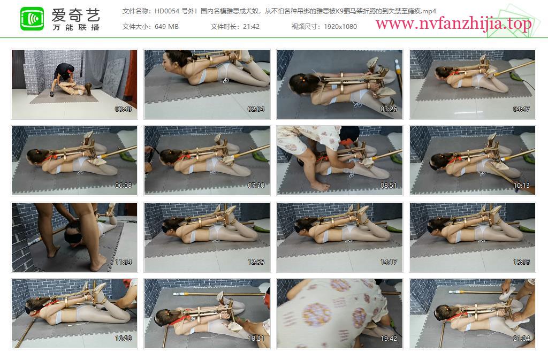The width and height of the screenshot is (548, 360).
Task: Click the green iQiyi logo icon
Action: click(x=32, y=19)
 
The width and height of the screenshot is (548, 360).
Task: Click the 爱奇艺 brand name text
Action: click(x=76, y=15)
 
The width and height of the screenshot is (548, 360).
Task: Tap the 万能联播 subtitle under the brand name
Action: click(x=76, y=27)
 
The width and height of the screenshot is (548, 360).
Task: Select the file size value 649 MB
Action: click(x=166, y=27)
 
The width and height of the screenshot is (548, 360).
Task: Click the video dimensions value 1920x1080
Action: click(x=340, y=27)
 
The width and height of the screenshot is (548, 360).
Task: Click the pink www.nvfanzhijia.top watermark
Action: click(x=454, y=24)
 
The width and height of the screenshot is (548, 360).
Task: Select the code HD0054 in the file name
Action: click(x=167, y=11)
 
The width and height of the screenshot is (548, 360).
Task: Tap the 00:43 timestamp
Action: click(x=124, y=109)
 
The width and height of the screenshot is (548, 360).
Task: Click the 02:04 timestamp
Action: click(x=256, y=109)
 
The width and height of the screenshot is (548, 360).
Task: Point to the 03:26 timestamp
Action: click(x=389, y=109)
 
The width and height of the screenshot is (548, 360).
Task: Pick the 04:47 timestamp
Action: click(x=521, y=109)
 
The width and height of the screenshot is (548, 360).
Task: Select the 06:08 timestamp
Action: click(x=124, y=186)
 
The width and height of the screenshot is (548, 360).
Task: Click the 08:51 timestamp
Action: click(x=389, y=186)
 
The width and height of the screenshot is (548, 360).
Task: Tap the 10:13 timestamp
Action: click(x=521, y=186)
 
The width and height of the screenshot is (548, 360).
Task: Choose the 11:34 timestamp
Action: click(x=124, y=262)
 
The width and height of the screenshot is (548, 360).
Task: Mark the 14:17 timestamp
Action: click(x=389, y=262)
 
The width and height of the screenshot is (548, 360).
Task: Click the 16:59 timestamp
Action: click(x=124, y=339)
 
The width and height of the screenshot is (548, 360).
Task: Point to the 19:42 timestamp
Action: click(x=389, y=339)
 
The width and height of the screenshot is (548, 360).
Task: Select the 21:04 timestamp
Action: click(x=521, y=339)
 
